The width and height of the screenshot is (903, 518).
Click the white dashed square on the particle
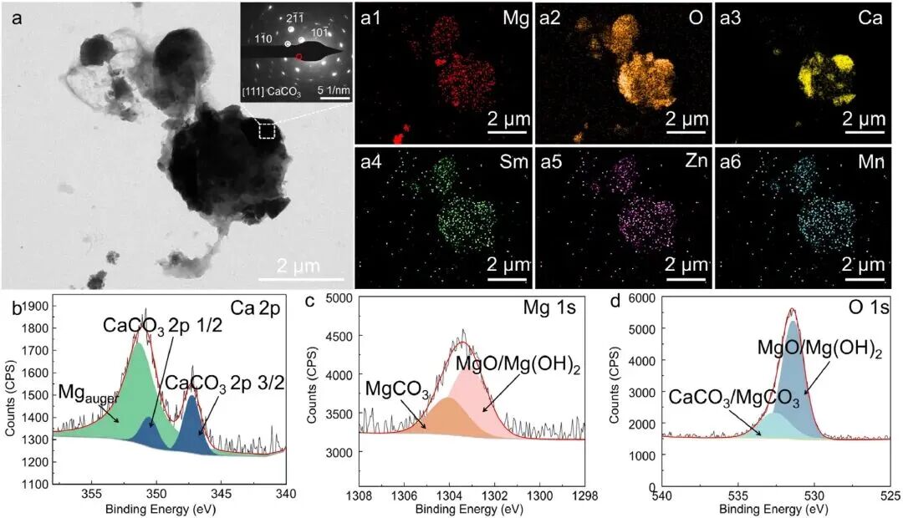click(x=267, y=130)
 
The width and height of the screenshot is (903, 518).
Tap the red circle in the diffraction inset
click(x=298, y=58)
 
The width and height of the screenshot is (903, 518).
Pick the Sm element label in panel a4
click(x=514, y=162)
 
